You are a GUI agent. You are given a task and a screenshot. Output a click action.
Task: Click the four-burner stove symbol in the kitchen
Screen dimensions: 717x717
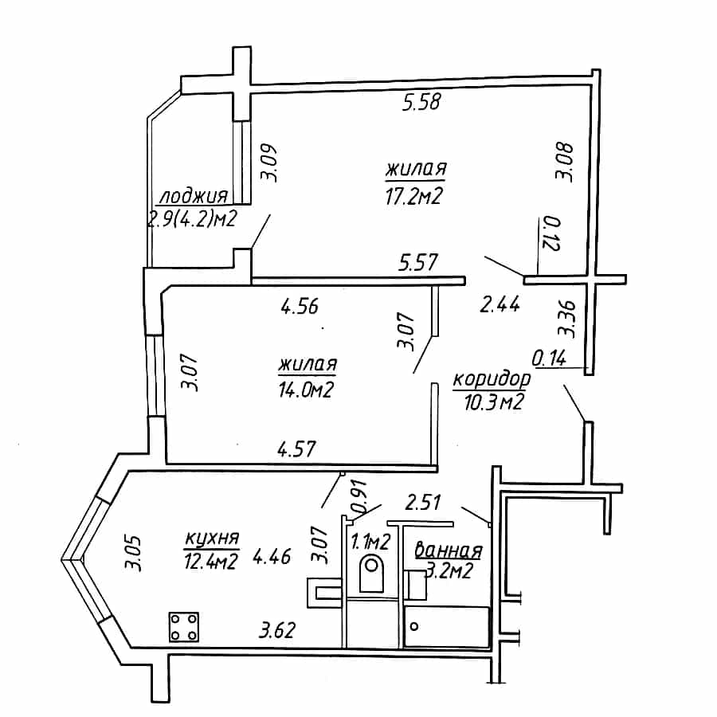pyautogui.click(x=184, y=626)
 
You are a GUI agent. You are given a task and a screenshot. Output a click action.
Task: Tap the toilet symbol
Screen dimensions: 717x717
pyautogui.click(x=371, y=573)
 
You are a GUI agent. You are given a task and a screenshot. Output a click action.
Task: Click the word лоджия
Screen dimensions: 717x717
pyautogui.click(x=194, y=196)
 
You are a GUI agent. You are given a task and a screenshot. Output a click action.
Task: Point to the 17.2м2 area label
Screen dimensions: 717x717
pyautogui.click(x=414, y=197)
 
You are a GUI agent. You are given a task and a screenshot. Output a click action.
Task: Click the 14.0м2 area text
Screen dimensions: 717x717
pyautogui.click(x=307, y=390)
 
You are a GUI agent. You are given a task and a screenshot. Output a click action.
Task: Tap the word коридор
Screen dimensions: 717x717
pyautogui.click(x=492, y=379)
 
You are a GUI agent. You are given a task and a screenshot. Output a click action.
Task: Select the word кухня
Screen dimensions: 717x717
pyautogui.click(x=212, y=539)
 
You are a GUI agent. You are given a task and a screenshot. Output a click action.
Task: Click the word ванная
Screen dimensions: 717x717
pyautogui.click(x=449, y=551)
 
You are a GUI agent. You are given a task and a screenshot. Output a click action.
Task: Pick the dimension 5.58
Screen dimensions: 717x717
pyautogui.click(x=421, y=101)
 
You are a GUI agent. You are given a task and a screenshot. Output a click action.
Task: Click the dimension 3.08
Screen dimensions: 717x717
pyautogui.click(x=564, y=163)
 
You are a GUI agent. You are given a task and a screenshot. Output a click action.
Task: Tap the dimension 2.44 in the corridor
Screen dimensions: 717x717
pyautogui.click(x=500, y=304)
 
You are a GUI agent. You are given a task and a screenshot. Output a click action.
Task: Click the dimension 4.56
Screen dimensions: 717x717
pyautogui.click(x=300, y=307)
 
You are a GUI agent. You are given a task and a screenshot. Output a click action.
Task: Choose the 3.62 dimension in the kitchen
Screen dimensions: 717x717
pyautogui.click(x=277, y=630)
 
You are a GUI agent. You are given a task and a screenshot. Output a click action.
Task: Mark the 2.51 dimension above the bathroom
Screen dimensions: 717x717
pyautogui.click(x=423, y=502)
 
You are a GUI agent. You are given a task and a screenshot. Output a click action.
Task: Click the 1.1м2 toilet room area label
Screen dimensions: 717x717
pyautogui.click(x=370, y=542)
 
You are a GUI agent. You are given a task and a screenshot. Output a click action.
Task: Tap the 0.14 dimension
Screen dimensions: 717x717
pyautogui.click(x=549, y=358)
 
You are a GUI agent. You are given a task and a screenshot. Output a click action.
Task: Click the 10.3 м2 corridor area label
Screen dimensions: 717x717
pyautogui.click(x=494, y=402)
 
